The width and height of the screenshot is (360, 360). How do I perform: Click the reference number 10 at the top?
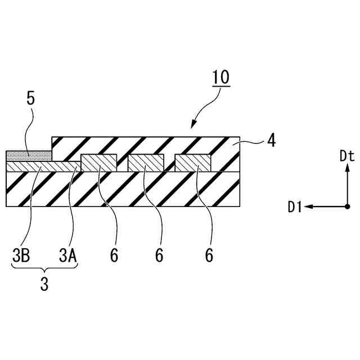pyautogui.click(x=221, y=78)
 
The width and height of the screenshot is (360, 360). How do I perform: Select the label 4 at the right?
pyautogui.click(x=271, y=140)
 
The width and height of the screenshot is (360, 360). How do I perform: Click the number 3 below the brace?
pyautogui.click(x=44, y=284)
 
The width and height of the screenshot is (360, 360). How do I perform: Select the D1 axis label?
pyautogui.click(x=296, y=208)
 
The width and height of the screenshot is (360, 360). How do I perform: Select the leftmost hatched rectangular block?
pyautogui.click(x=99, y=163)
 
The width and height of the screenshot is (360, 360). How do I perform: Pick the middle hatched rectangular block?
pyautogui.click(x=146, y=163)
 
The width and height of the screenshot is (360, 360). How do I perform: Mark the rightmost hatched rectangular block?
pyautogui.click(x=192, y=163)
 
